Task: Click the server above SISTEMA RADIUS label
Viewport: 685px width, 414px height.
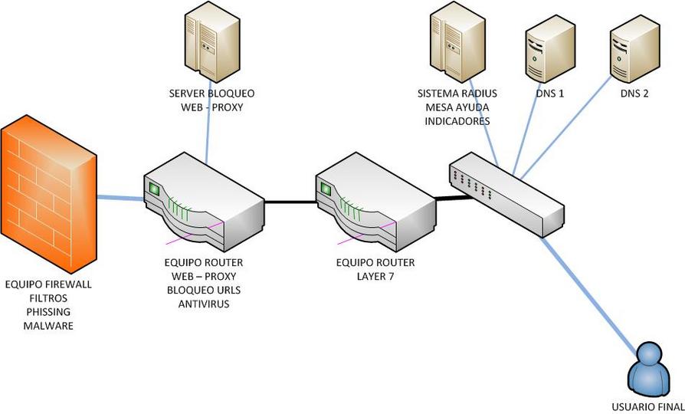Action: (x=456, y=43)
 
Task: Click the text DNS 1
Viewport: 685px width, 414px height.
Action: (x=549, y=94)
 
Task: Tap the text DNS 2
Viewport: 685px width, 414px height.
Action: (x=634, y=94)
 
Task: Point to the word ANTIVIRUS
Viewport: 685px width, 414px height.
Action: (x=204, y=304)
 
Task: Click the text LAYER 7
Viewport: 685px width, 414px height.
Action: (x=375, y=276)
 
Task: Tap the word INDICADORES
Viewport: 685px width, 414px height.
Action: (x=457, y=121)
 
